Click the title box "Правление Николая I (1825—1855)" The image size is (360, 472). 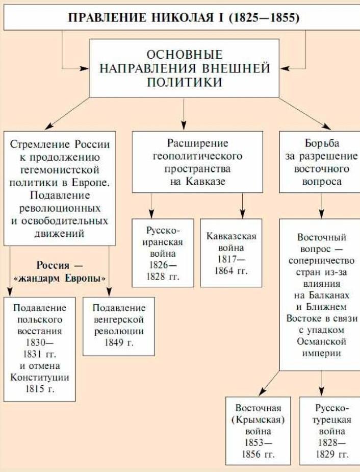(x=184, y=18)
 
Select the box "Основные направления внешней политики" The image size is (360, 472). (x=184, y=68)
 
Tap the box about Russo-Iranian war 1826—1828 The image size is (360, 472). (x=163, y=253)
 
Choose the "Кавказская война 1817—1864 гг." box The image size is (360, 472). (x=231, y=253)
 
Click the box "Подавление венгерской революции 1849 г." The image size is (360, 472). (x=119, y=326)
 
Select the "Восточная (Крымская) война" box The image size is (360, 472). (x=258, y=431)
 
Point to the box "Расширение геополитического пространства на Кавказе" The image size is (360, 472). (x=197, y=162)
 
